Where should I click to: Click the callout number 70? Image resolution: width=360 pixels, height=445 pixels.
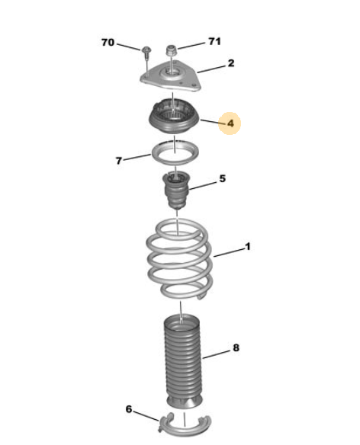[x=108, y=43]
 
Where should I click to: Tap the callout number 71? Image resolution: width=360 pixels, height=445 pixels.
[x=214, y=41]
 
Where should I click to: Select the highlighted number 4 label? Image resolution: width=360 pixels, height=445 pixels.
[x=230, y=123]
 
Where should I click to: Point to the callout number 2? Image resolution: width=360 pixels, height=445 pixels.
[x=231, y=63]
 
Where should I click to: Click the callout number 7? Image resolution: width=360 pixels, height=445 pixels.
[x=119, y=161]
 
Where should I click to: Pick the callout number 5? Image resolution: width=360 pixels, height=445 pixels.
[x=223, y=178]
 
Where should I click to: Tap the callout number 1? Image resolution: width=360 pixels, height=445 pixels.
[x=248, y=246]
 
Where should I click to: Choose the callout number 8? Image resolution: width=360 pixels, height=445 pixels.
[x=236, y=347]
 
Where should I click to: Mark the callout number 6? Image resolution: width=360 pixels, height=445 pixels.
[x=129, y=409]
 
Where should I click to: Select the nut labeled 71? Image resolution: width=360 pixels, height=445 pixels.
[x=172, y=50]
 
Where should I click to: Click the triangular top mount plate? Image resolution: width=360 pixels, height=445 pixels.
[x=171, y=76]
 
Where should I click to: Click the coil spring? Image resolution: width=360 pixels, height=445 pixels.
[x=179, y=259]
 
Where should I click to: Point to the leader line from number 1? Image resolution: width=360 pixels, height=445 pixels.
[x=229, y=253]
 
